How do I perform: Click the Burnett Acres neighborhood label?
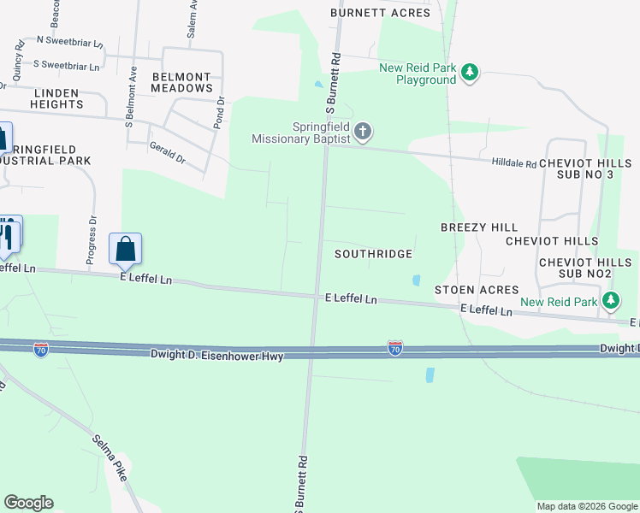[381, 13]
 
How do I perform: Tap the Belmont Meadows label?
[181, 82]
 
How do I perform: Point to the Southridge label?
[373, 254]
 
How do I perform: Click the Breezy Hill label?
[479, 227]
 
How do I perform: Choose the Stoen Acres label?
[477, 291]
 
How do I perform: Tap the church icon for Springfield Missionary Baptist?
[363, 132]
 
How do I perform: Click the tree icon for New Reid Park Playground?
[469, 73]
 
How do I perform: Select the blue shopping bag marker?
[125, 249]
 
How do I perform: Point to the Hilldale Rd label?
[513, 162]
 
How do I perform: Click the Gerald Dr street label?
[167, 154]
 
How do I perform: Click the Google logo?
[28, 503]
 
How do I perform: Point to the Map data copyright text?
[586, 506]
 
